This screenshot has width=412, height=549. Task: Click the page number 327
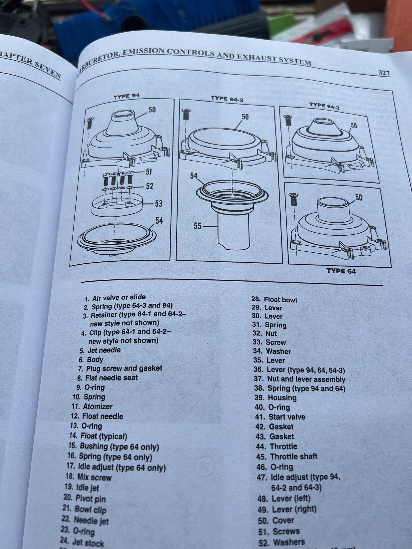point(384,73)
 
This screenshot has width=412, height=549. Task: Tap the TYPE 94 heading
point(126,96)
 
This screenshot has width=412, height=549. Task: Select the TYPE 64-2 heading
point(227,99)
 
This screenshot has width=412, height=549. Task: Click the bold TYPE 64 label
point(341,271)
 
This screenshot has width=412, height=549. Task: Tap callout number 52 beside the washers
point(150,186)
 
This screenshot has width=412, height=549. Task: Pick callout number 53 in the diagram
point(158,203)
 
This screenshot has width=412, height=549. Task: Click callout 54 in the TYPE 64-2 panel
point(194,176)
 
